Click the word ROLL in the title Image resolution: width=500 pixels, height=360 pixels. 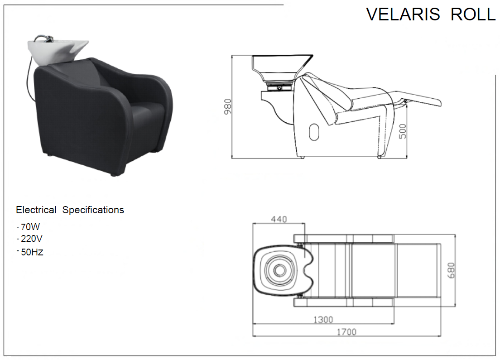(x=473, y=14)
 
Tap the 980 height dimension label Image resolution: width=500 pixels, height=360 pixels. (x=227, y=107)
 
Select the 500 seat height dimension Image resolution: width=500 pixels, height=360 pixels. (x=403, y=131)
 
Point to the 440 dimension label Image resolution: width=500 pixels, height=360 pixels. (x=279, y=219)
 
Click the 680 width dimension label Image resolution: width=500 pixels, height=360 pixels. (x=451, y=270)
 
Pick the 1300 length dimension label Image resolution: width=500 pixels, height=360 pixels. (x=323, y=320)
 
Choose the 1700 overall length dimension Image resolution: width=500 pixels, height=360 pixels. (x=346, y=332)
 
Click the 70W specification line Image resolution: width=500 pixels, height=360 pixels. (x=29, y=227)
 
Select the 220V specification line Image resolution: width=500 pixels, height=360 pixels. (x=29, y=239)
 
